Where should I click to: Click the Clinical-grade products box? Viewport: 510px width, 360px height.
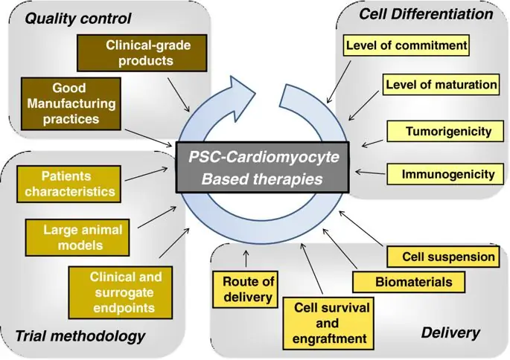click(138, 53)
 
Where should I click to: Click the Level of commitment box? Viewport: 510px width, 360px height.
click(407, 46)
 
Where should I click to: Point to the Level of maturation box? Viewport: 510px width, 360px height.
click(441, 85)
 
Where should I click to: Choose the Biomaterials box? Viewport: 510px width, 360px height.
click(412, 283)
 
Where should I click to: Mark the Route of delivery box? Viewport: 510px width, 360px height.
click(249, 290)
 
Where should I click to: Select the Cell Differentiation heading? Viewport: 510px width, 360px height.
click(426, 13)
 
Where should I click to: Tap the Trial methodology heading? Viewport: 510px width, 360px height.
click(80, 336)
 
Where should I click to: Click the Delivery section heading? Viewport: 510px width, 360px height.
click(450, 332)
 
